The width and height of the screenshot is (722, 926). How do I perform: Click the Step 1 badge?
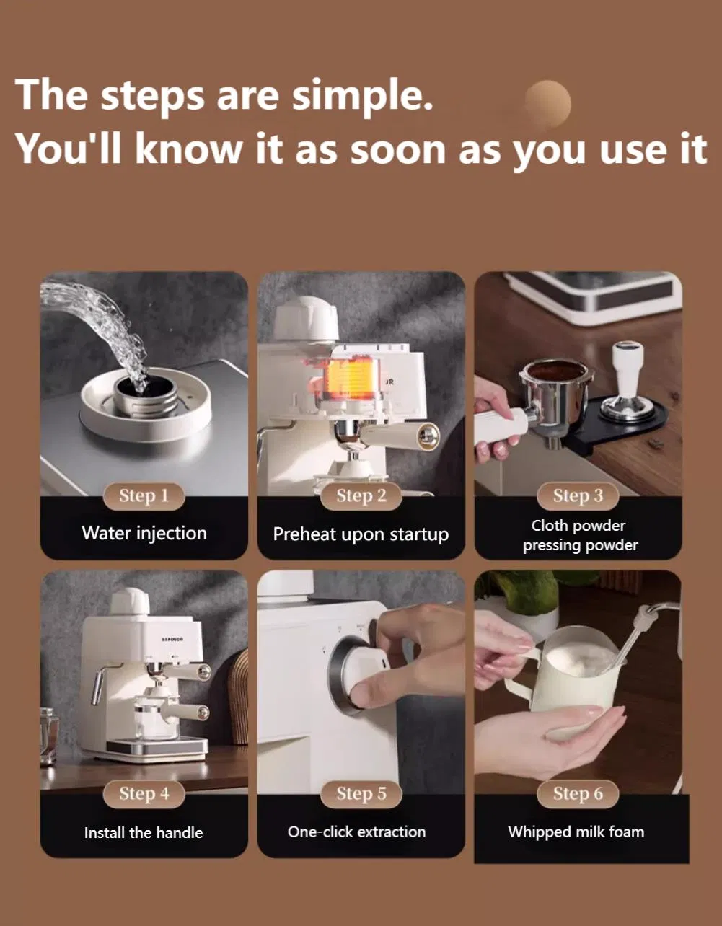[x=144, y=496]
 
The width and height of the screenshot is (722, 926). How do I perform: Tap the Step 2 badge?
[x=361, y=496]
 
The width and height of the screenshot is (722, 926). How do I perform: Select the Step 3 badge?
[x=578, y=496]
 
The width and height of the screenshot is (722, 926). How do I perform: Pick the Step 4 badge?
[x=144, y=794]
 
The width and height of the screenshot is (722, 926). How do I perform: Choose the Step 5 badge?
[x=361, y=794]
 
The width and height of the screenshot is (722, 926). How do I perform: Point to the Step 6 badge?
[x=578, y=794]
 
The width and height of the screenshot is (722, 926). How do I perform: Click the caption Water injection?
[x=144, y=534]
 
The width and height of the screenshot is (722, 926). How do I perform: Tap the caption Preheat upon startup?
[x=361, y=535]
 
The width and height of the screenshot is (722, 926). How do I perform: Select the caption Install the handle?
[x=144, y=833]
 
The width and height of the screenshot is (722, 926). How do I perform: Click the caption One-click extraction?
[x=357, y=832]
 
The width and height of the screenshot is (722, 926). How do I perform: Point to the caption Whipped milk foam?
[x=576, y=832]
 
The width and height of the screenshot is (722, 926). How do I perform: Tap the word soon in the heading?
[x=398, y=150]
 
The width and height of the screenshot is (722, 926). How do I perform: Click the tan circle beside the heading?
[x=547, y=104]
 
